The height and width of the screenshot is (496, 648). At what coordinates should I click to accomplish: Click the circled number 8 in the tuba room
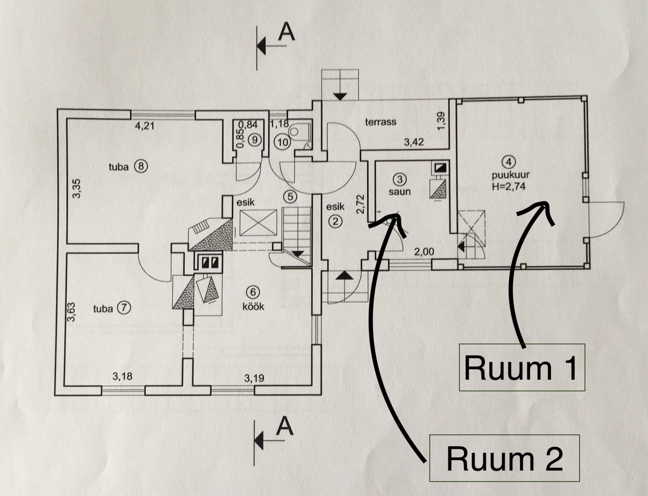pyautogui.click(x=140, y=167)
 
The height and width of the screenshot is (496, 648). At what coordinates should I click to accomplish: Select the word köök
pyautogui.click(x=253, y=307)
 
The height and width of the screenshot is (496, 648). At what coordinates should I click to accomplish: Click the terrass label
pyautogui.click(x=381, y=122)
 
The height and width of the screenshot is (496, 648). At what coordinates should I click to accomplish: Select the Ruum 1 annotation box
pyautogui.click(x=522, y=367)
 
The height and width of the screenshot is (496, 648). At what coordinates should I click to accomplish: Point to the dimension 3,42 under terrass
pyautogui.click(x=414, y=142)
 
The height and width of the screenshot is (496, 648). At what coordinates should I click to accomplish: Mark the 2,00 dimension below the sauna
pyautogui.click(x=424, y=252)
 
